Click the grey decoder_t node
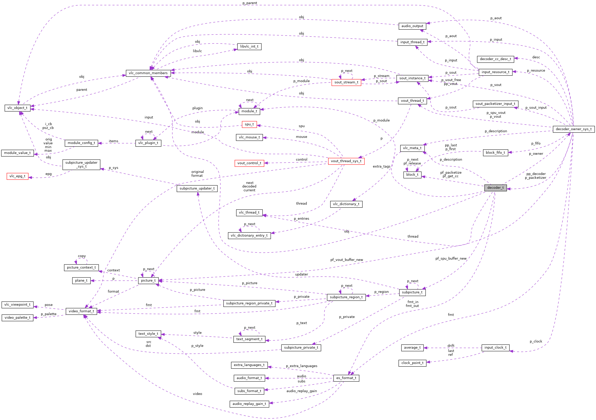(x=495, y=187)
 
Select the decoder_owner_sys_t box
(x=574, y=129)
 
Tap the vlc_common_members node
(x=148, y=73)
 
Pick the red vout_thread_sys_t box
(x=346, y=161)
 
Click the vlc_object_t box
(x=17, y=108)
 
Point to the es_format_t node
(x=346, y=378)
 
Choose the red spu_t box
(x=249, y=124)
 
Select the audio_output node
(x=412, y=26)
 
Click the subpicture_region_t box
(x=346, y=297)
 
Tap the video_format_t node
(x=81, y=311)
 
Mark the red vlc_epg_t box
(x=17, y=176)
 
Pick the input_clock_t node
(x=495, y=348)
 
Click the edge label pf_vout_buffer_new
(x=347, y=260)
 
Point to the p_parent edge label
(x=249, y=3)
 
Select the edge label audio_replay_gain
(x=301, y=391)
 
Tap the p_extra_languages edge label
(x=301, y=366)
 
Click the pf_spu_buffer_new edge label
(x=451, y=258)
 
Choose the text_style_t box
(x=148, y=334)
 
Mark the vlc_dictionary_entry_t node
(x=249, y=236)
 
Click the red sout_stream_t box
(x=346, y=82)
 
